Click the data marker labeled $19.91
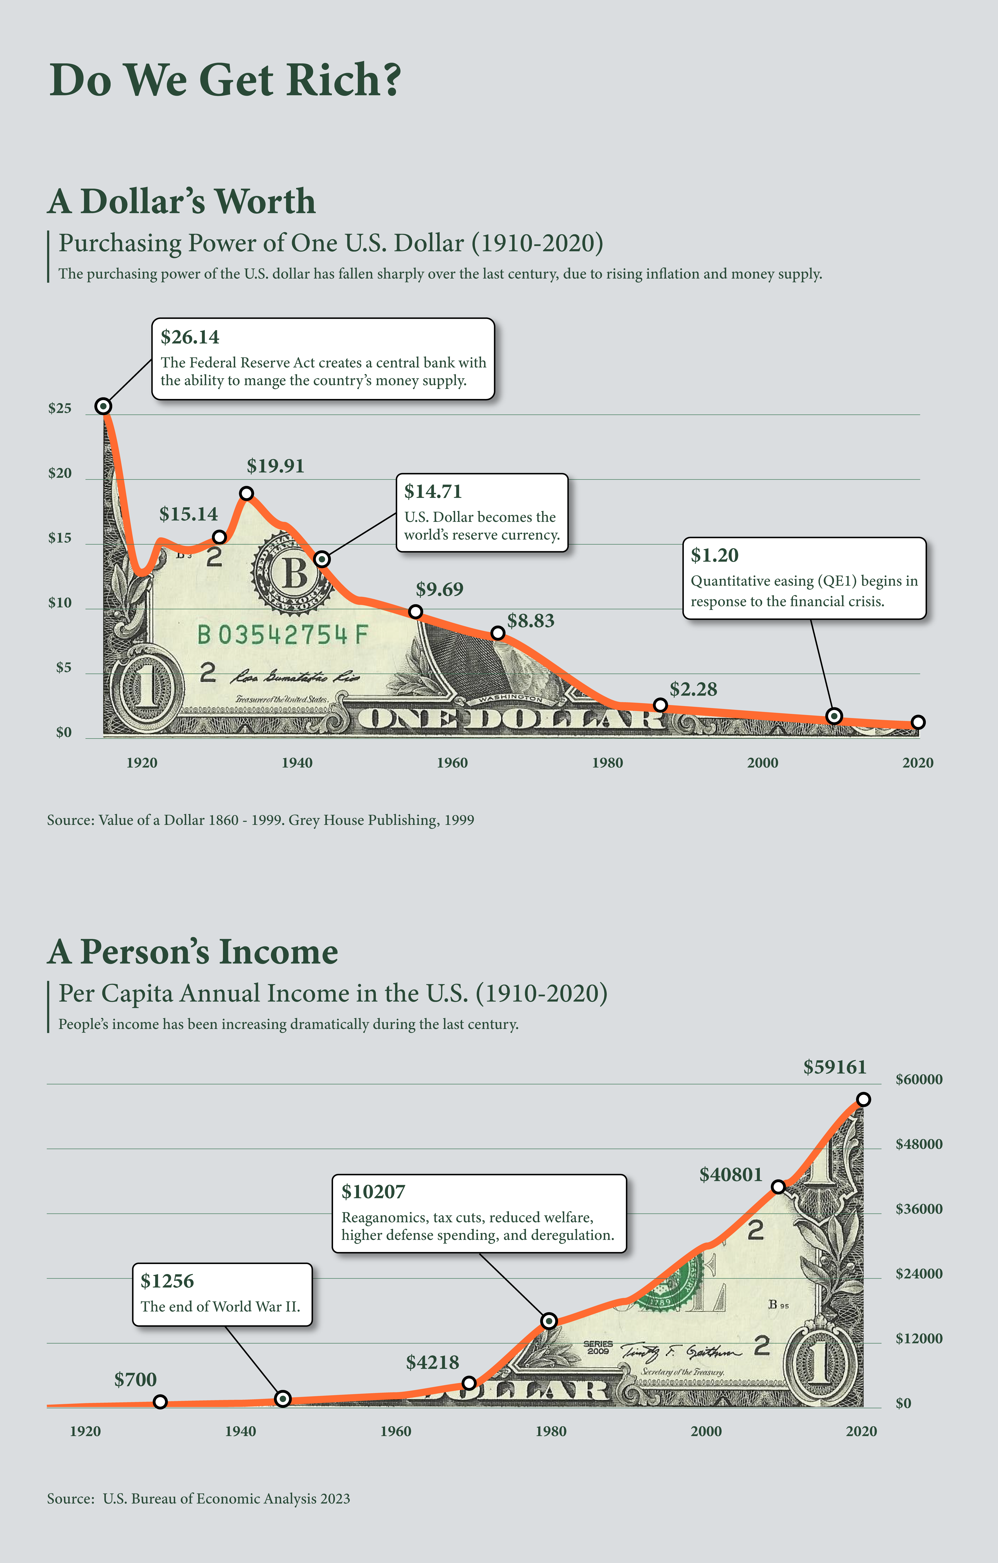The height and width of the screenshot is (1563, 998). coord(246,493)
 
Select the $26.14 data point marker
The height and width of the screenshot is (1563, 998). coord(103,406)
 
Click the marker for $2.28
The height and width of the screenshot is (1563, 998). coord(660,705)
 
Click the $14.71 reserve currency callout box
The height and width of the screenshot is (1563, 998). coord(482,513)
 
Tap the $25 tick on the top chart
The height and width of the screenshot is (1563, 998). coord(60,408)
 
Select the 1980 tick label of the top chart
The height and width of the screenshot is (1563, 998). coord(607,763)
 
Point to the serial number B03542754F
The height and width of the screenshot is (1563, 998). coord(283,634)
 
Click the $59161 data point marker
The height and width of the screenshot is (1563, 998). coord(863,1100)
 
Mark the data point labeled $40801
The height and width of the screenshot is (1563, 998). coord(778,1187)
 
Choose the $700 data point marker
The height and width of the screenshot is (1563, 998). coord(160,1402)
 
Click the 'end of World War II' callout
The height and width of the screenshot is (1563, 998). coord(222,1294)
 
